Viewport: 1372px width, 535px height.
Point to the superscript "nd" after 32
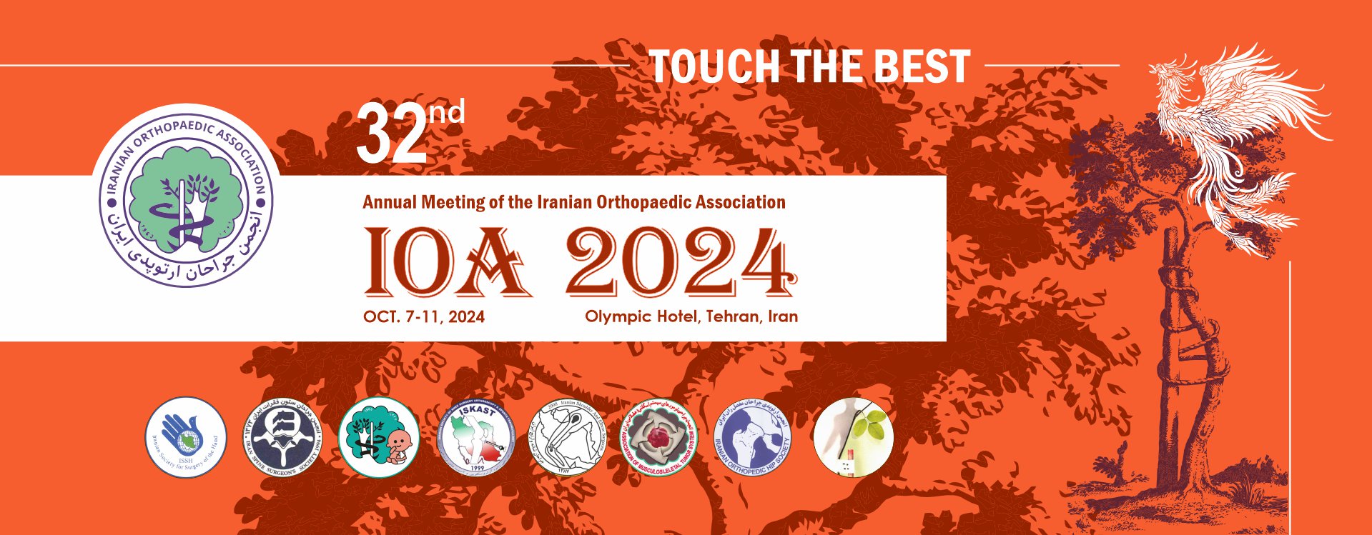[446, 111]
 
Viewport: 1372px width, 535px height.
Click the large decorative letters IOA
[448, 262]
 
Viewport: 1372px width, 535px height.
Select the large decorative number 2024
[681, 262]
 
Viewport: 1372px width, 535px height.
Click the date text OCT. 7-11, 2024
[423, 317]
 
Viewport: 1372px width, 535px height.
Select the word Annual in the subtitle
[388, 202]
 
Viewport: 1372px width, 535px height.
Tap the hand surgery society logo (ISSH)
[186, 437]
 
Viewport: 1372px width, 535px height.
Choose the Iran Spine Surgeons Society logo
[285, 437]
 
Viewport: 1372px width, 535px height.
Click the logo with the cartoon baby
[378, 437]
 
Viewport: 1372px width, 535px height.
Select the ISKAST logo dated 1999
[475, 437]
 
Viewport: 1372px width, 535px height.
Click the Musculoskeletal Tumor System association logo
[659, 437]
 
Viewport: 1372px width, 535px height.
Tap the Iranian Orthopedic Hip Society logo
[753, 437]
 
